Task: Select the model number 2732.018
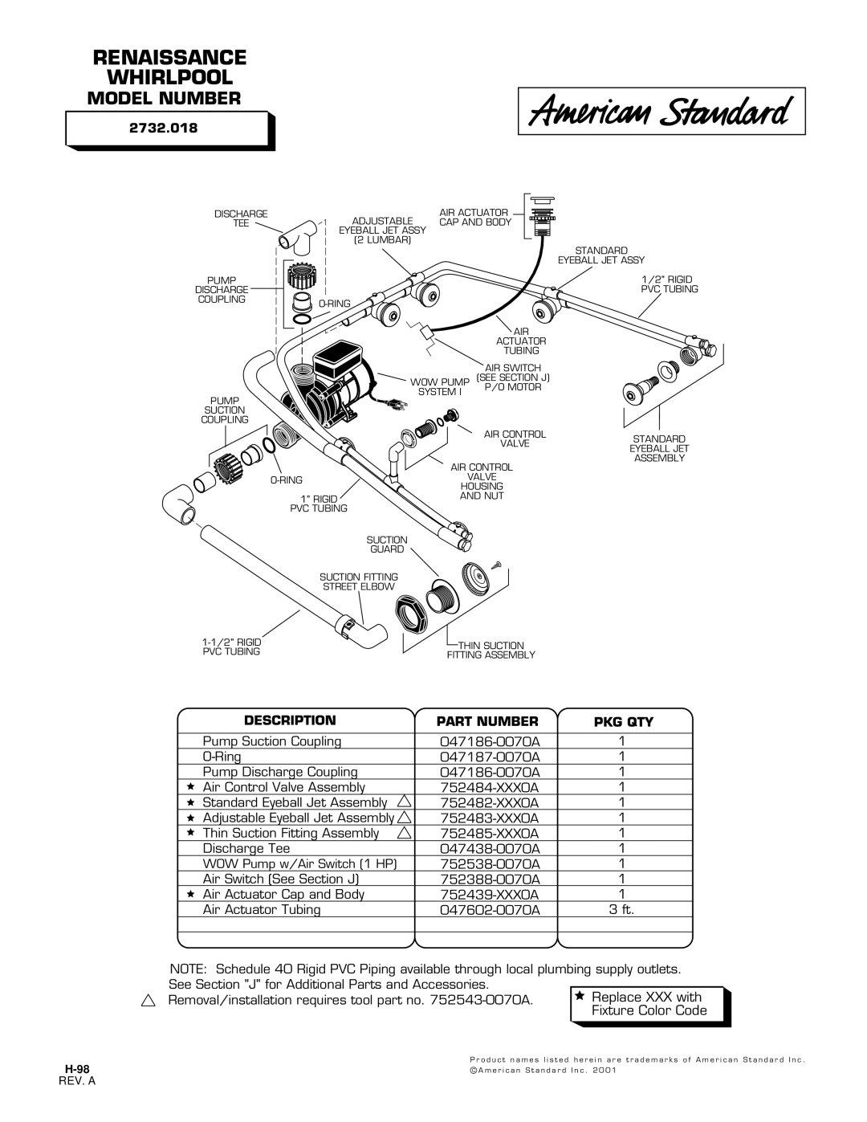pos(163,128)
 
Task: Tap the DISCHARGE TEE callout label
pos(241,218)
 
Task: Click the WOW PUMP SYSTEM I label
pos(440,387)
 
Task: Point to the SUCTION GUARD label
pos(387,545)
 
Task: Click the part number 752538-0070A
pos(490,863)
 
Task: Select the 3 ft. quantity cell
pos(621,909)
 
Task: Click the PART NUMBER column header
pos(487,721)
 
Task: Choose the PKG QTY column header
pos(624,722)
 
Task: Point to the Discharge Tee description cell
pos(246,848)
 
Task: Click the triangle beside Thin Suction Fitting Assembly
pos(405,832)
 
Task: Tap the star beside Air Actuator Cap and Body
pos(190,893)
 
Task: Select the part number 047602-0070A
pos(490,909)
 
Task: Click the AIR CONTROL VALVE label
pos(515,439)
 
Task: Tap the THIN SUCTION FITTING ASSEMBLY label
pos(490,650)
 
